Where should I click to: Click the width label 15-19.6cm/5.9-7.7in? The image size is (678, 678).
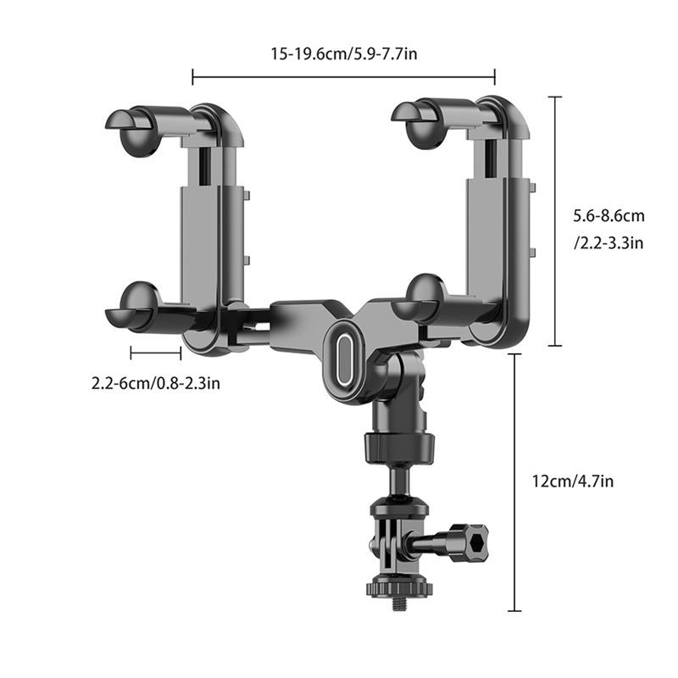click(342, 55)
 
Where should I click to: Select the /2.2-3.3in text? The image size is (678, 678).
click(609, 243)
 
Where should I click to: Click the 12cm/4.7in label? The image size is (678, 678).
click(572, 481)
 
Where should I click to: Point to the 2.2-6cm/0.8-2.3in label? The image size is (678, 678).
click(156, 383)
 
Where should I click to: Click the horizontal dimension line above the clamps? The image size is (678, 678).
click(343, 79)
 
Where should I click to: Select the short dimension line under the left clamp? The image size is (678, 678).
click(156, 349)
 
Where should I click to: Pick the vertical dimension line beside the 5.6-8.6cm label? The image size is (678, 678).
click(556, 220)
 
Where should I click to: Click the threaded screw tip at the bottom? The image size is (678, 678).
click(395, 603)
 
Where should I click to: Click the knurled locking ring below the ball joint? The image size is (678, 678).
click(395, 447)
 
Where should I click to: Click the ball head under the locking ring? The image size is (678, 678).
click(395, 482)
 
